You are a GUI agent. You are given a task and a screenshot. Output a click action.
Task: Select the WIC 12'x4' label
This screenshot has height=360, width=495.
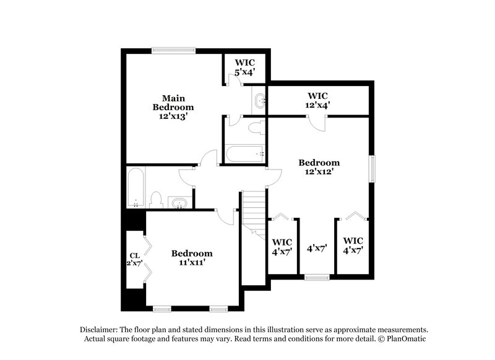coord(318,100)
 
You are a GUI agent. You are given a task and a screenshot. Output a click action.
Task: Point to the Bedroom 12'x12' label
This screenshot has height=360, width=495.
coord(319,167)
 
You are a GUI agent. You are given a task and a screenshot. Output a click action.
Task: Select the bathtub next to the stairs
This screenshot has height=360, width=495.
coord(246,153)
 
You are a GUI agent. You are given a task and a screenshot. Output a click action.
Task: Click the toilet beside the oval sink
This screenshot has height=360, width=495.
coord(156,200)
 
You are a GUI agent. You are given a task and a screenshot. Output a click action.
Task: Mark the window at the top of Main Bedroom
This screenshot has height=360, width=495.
coord(175,51)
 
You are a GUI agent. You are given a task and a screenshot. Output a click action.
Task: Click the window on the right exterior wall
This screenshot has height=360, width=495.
coord(372,169)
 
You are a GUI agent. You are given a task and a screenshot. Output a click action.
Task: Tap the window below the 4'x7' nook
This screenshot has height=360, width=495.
coord(317,276)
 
